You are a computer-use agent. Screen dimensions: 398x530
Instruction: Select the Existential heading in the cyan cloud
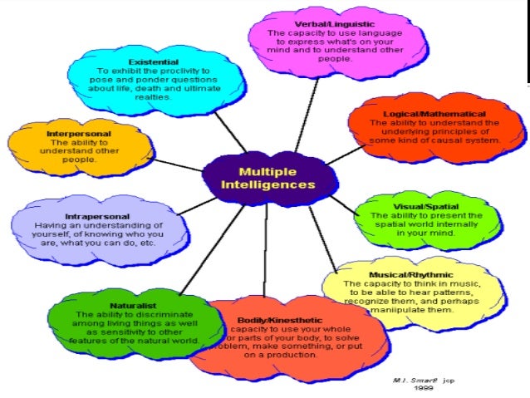(x=153, y=61)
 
